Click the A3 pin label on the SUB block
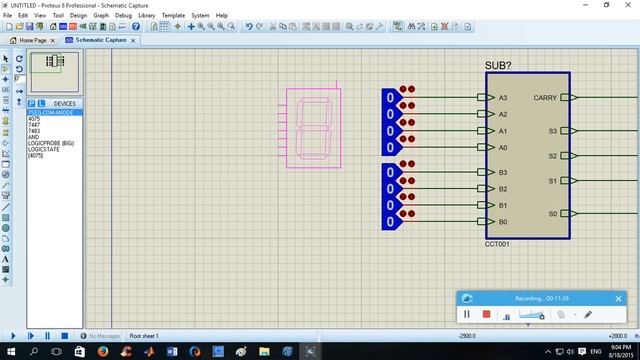(503, 98)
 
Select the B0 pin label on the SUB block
(503, 222)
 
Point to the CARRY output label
(546, 98)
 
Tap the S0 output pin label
(552, 214)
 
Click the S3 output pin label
(552, 131)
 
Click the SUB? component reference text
(497, 65)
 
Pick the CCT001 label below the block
(497, 244)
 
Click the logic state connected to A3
(390, 98)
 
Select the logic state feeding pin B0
(390, 222)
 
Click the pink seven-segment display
(313, 126)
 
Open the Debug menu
(123, 16)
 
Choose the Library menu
(147, 16)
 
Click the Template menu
(174, 16)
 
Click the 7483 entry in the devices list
(34, 131)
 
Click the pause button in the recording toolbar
(466, 314)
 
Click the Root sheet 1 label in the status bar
(144, 336)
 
